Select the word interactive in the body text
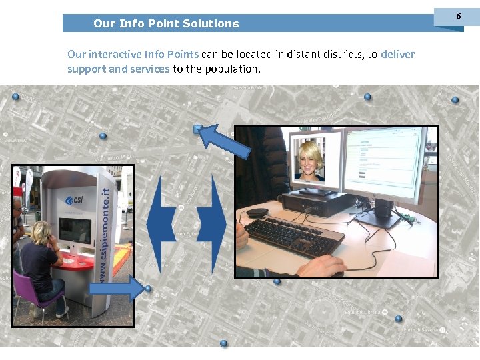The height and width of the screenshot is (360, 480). (x=116, y=54)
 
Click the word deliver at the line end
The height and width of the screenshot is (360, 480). (x=398, y=54)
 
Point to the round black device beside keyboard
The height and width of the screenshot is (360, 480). (x=257, y=212)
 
